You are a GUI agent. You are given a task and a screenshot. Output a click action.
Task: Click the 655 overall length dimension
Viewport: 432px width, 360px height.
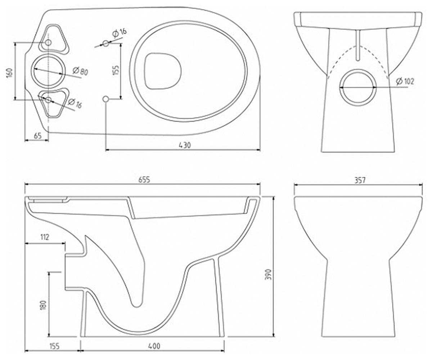click(x=144, y=180)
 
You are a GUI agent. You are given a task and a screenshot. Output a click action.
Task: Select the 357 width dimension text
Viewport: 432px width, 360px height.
click(x=360, y=180)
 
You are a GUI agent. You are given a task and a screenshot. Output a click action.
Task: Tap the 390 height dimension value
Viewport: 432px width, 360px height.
click(x=268, y=274)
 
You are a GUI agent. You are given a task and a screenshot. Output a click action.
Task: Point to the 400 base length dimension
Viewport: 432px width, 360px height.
click(x=154, y=346)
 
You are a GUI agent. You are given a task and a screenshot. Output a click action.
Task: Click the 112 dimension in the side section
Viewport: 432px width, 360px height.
click(x=45, y=237)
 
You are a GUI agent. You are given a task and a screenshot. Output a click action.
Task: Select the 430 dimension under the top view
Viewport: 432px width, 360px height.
click(x=185, y=145)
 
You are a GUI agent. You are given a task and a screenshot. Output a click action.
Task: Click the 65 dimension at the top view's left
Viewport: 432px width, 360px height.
click(x=38, y=136)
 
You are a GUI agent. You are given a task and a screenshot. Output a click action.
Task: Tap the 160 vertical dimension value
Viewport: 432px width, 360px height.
click(x=10, y=73)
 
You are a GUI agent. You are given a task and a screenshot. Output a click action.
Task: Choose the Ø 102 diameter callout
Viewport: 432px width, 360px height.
click(x=405, y=81)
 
